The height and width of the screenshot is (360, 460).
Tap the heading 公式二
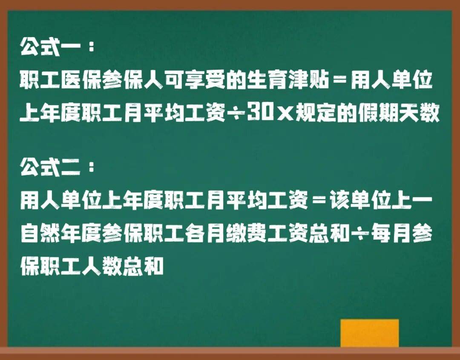(49, 169)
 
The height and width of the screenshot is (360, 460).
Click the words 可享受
(192, 81)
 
